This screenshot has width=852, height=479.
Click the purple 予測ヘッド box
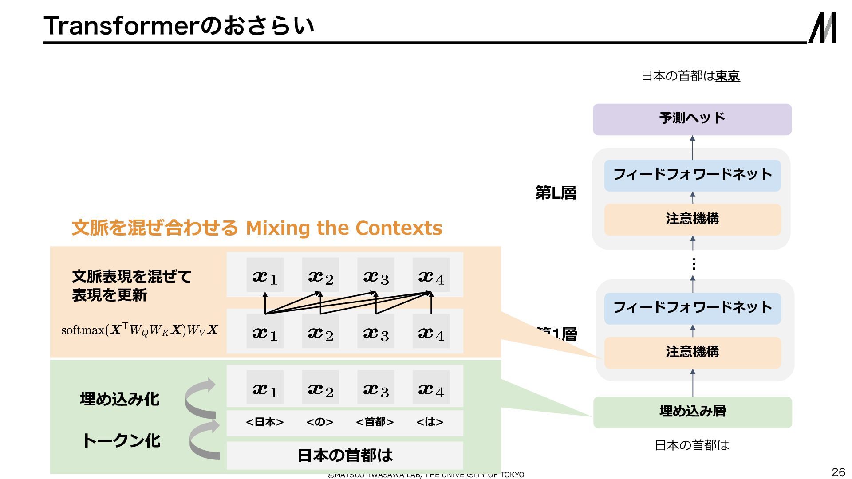[692, 119]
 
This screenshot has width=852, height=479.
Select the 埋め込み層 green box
[692, 412]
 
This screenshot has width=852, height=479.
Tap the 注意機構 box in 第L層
[692, 219]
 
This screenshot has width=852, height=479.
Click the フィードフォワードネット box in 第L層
[692, 175]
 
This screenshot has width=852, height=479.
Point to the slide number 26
[838, 471]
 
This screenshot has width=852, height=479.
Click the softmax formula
[139, 330]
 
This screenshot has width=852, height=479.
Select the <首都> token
[375, 422]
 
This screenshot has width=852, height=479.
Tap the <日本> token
[264, 422]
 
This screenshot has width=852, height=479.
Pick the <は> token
[430, 422]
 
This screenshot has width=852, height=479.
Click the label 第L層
[556, 193]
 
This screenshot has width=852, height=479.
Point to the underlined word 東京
[727, 76]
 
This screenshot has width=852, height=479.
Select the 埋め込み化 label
[120, 399]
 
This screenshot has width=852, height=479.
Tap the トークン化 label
[122, 440]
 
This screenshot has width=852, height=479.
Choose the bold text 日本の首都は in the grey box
[345, 455]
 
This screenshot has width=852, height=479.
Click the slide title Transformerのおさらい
[179, 26]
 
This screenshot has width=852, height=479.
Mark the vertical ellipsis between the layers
[694, 264]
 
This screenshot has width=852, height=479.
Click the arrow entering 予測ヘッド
[692, 147]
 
